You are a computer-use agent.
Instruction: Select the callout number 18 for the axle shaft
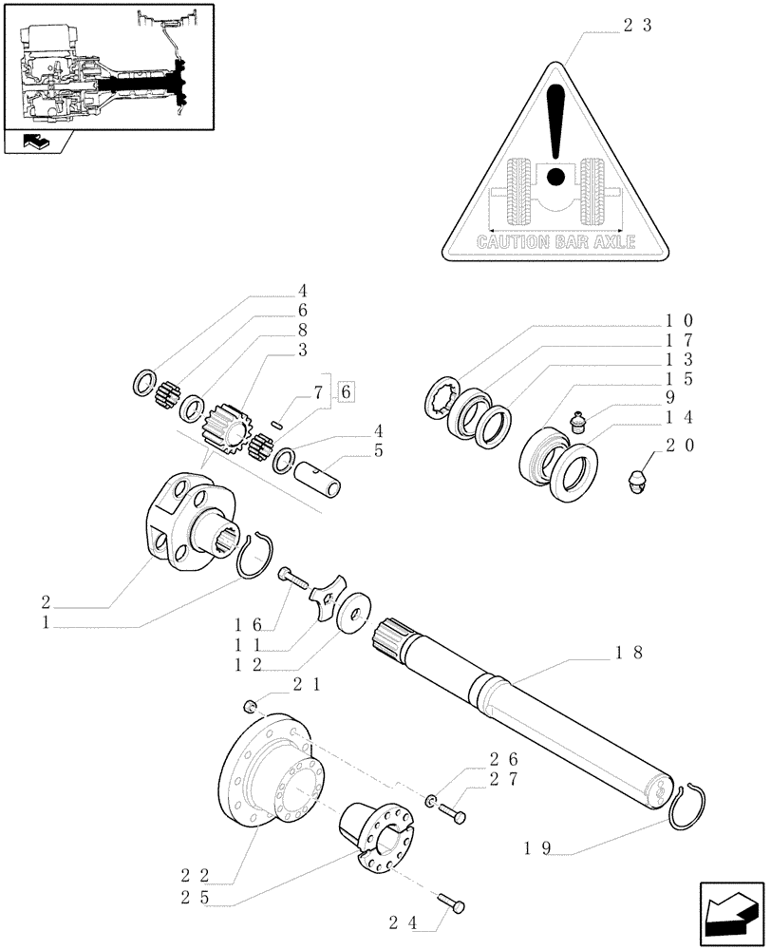point(630,653)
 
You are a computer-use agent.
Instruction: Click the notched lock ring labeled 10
point(441,397)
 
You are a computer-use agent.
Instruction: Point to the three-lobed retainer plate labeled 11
point(328,600)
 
